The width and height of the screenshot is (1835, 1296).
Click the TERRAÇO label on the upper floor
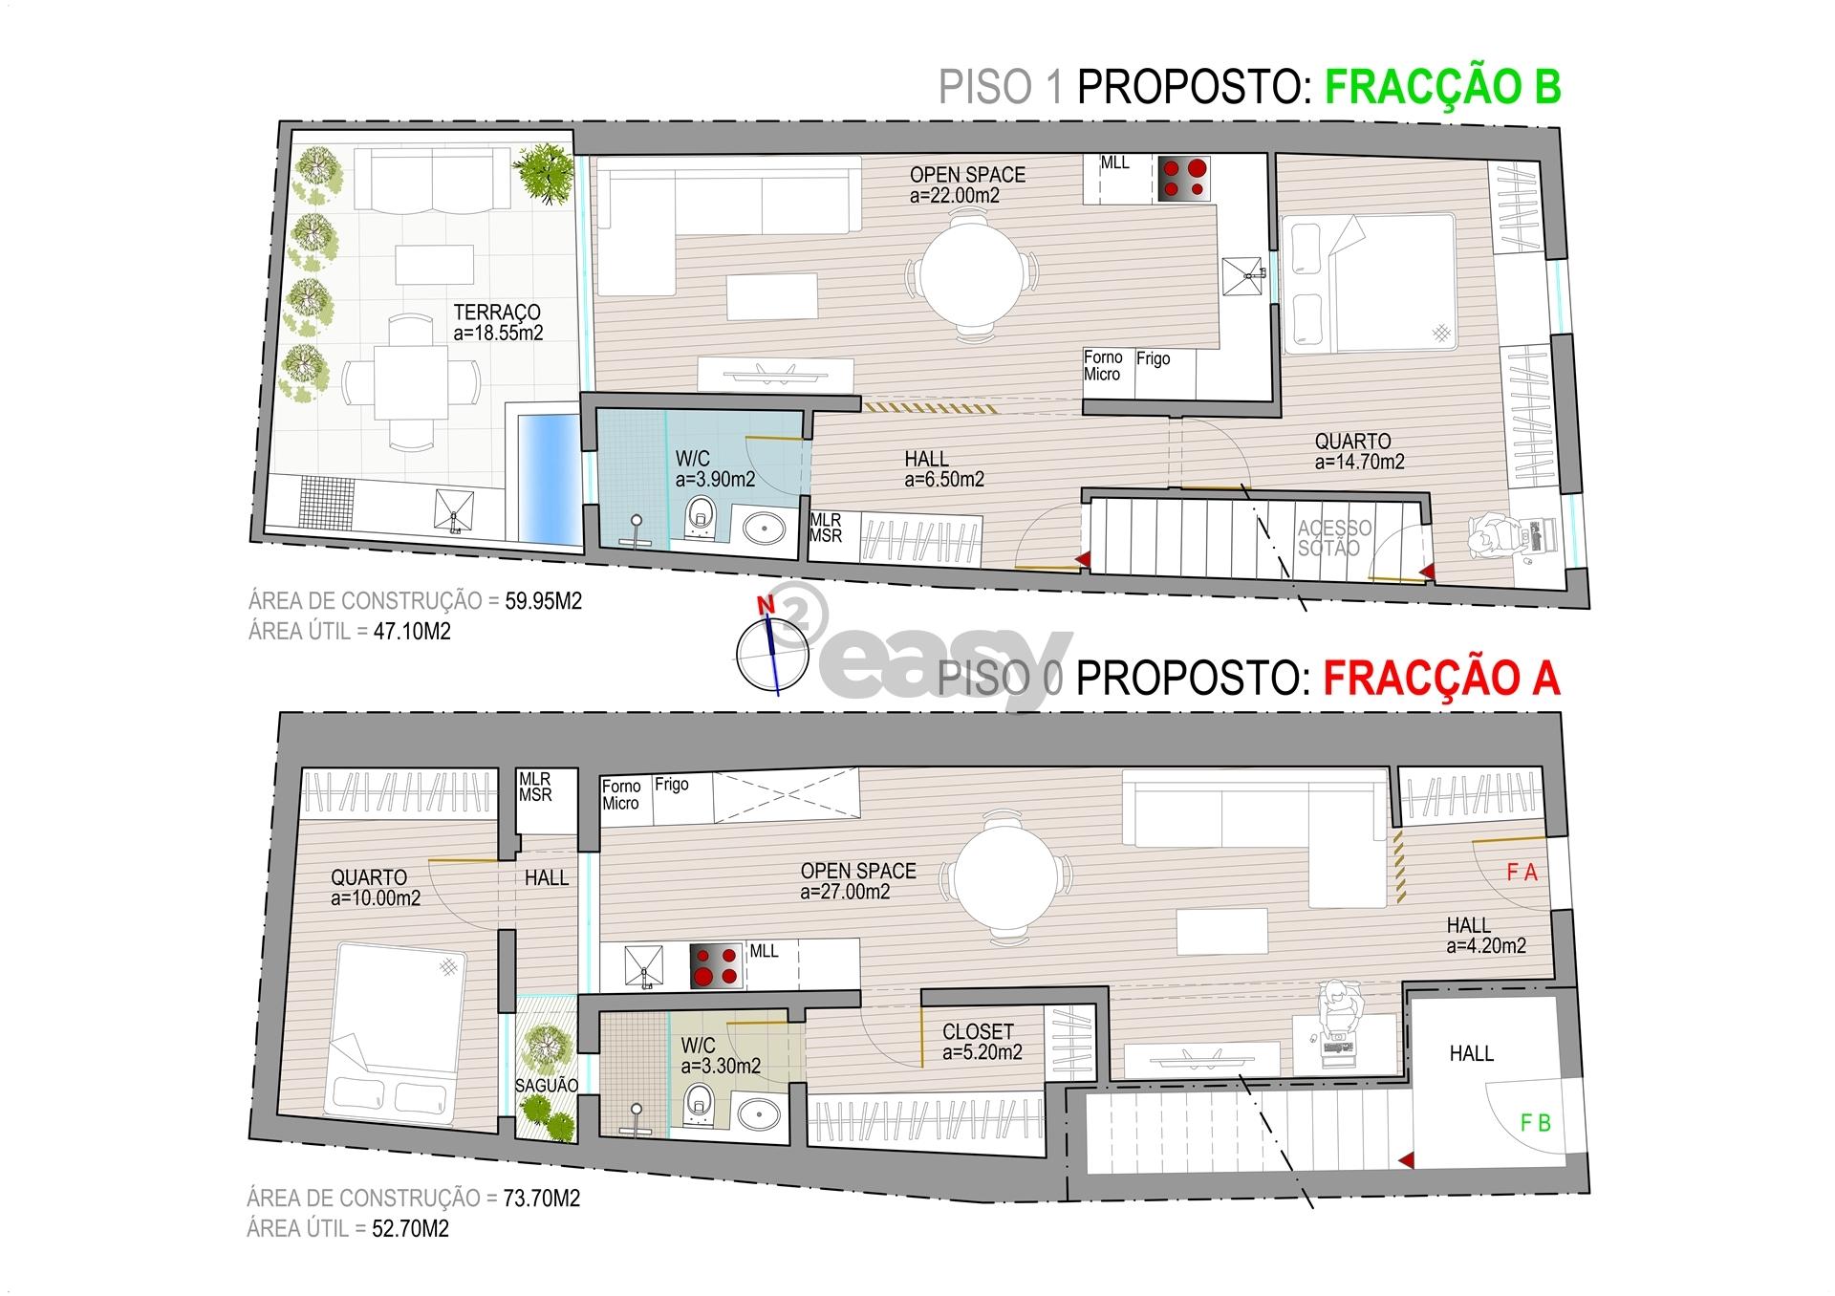point(497,313)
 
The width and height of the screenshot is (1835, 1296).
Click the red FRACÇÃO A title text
point(1441,678)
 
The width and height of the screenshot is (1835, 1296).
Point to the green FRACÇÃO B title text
point(1443,86)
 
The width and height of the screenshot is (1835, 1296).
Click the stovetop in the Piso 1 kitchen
point(1184,179)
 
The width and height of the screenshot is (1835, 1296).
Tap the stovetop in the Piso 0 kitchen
point(717,966)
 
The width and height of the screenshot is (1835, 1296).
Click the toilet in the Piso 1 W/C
point(701,516)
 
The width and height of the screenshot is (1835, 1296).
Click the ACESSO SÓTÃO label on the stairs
point(1334,538)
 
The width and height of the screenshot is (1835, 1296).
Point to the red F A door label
point(1522,873)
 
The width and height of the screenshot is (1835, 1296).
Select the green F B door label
point(1535,1123)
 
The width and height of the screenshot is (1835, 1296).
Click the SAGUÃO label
point(547,1086)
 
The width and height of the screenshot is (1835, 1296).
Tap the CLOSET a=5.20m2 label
point(982,1042)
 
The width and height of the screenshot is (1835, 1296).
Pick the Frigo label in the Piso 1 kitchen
point(1154,359)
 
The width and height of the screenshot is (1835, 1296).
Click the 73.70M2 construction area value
point(542,1199)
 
